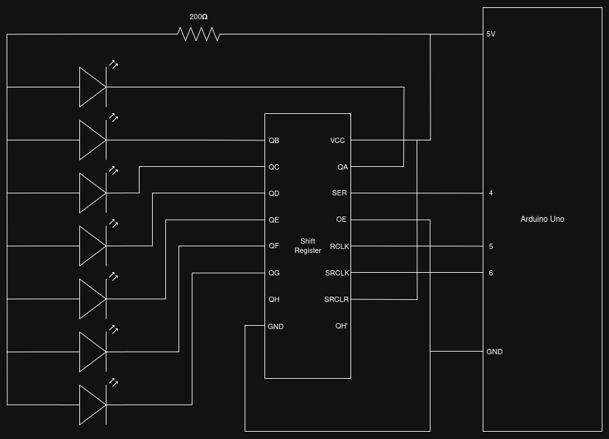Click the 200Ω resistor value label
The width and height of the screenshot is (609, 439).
tap(198, 17)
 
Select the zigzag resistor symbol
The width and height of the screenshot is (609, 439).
tap(198, 34)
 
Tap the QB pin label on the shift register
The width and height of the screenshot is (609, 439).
tap(274, 140)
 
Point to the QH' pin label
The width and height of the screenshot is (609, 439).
tap(341, 326)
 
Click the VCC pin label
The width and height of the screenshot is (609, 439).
tap(337, 140)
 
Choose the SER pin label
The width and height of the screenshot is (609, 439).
tap(339, 193)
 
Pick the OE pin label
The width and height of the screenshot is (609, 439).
tap(341, 219)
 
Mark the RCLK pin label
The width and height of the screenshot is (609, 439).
tap(339, 246)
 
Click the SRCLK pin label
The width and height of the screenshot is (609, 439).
tap(337, 273)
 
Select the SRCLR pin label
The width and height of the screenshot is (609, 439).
tap(337, 299)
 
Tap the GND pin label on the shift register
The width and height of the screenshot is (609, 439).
tap(276, 326)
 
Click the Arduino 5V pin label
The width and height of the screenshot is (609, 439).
tap(491, 34)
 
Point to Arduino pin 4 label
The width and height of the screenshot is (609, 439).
tap(491, 193)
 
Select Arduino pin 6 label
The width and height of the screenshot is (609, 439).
tap(491, 273)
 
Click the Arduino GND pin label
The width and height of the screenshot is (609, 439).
tap(495, 352)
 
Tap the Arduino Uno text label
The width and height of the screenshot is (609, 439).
tap(542, 219)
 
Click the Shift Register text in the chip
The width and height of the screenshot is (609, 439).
tap(307, 246)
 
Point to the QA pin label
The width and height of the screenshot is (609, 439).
tap(343, 167)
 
